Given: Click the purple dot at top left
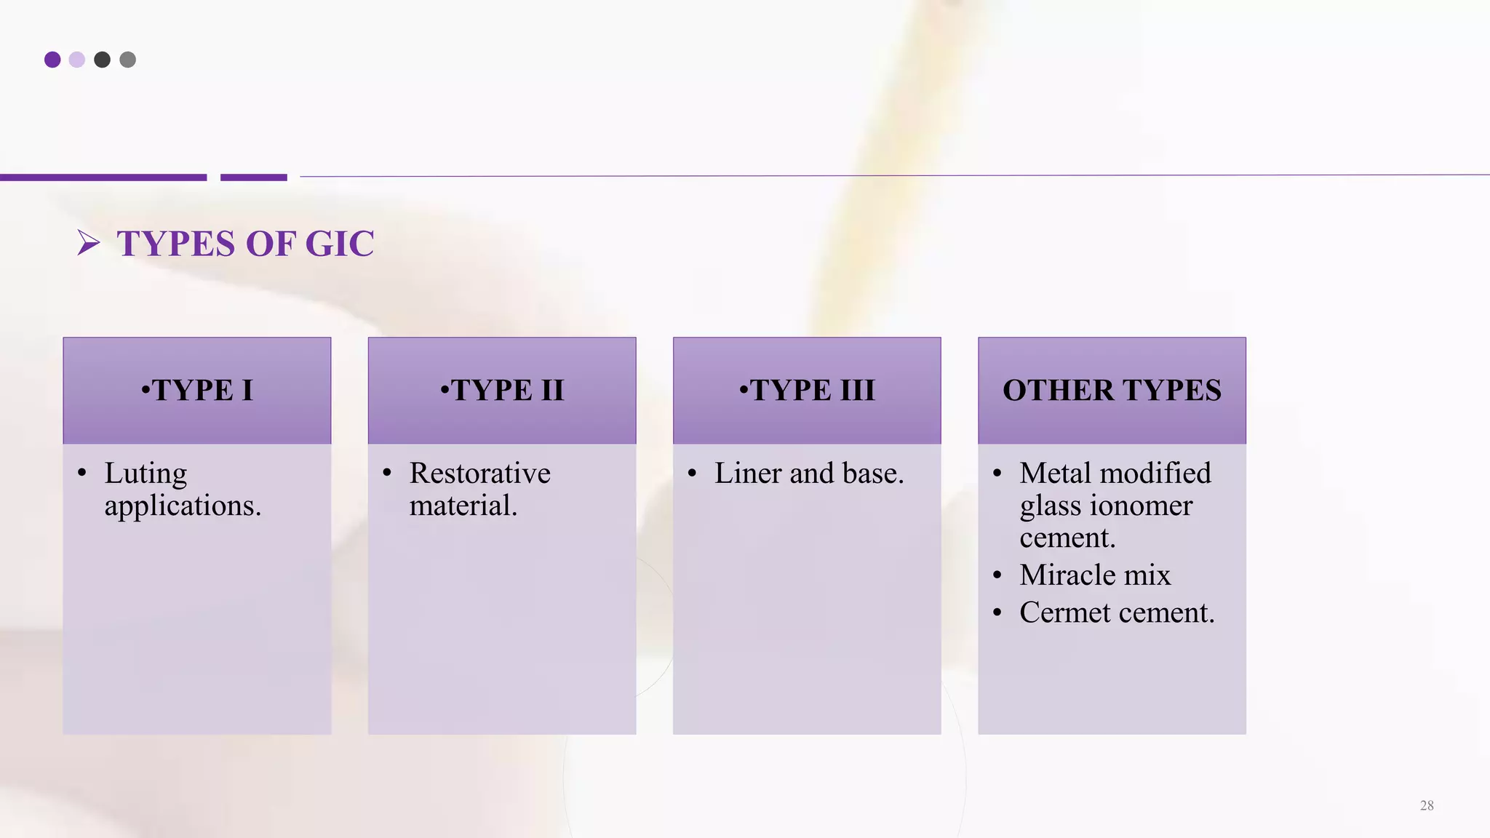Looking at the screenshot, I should coord(52,60).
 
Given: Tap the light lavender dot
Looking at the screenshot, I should coord(77,60).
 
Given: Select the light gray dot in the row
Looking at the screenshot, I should coord(127,60).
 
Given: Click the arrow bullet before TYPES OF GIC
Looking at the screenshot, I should coord(88,243).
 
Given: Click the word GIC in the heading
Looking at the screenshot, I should coord(340,244).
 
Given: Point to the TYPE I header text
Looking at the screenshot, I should coord(197,391).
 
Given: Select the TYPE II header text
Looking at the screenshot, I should coord(502,391).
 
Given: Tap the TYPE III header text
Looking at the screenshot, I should coord(807,391).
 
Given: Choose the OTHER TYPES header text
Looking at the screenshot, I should coord(1112,391).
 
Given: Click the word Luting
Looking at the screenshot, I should coord(146,474).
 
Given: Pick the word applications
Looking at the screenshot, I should coord(183,506).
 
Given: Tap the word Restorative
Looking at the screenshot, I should coord(479,474).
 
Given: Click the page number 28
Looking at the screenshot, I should coord(1427,805).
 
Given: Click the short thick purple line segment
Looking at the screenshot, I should coord(254,177).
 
